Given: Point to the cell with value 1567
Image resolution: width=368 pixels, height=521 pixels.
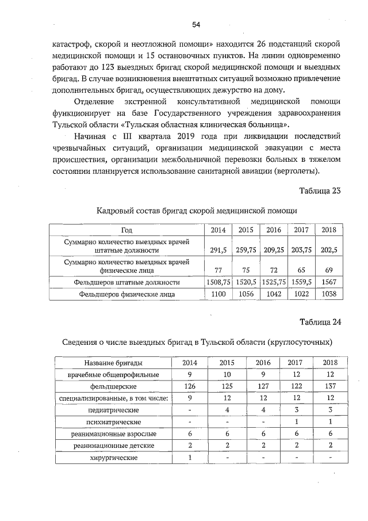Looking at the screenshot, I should pyautogui.click(x=329, y=283).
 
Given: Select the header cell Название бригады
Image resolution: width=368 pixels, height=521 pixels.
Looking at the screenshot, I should pyautogui.click(x=114, y=363).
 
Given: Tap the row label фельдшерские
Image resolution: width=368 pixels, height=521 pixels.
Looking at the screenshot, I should pyautogui.click(x=114, y=386).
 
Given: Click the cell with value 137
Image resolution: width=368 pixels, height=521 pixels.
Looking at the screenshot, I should pyautogui.click(x=329, y=386).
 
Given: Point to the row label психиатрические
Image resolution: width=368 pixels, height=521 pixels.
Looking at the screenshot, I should pyautogui.click(x=114, y=422).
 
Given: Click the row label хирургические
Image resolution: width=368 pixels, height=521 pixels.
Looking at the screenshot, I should pyautogui.click(x=114, y=457).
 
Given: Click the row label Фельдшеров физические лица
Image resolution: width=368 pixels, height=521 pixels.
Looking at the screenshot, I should pyautogui.click(x=127, y=294).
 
